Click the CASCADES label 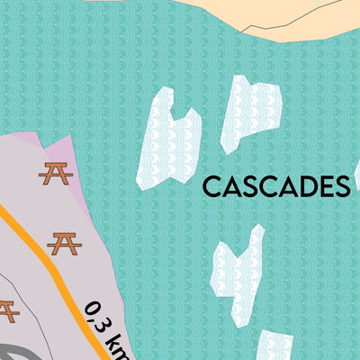tap(275, 186)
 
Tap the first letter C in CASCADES tap(211, 186)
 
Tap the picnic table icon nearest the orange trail tap(64, 242)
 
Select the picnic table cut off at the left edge tap(6, 310)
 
